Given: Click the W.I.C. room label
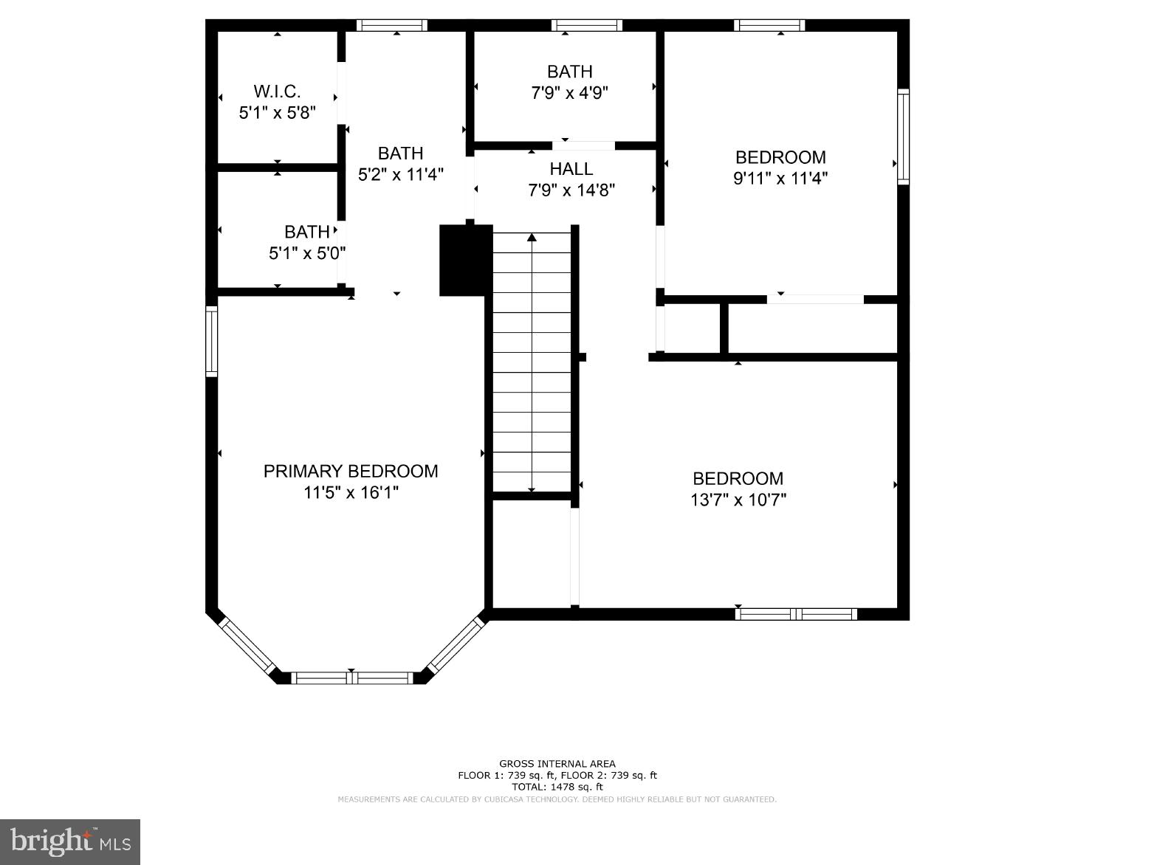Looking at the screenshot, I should (x=277, y=92).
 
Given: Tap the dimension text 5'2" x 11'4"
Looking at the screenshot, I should (x=400, y=175).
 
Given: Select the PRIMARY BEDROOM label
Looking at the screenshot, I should (x=351, y=472).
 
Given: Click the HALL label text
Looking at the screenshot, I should (x=571, y=169).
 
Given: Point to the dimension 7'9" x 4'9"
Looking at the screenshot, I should (x=569, y=93).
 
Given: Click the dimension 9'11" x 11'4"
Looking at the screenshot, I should (x=780, y=178).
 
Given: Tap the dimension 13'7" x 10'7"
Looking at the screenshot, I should (x=738, y=500).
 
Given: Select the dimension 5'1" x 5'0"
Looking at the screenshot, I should (x=306, y=253).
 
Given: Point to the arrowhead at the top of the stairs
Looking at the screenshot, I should (x=532, y=238).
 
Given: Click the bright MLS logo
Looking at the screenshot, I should (x=70, y=841).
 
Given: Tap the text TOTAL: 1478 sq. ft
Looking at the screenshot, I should (x=557, y=787).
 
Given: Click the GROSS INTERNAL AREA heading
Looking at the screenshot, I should (x=557, y=764).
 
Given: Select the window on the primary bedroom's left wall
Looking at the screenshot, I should (x=212, y=341).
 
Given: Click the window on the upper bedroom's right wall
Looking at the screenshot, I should (x=903, y=137).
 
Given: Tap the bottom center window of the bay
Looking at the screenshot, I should (x=351, y=678).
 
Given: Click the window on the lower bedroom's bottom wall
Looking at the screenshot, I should (x=796, y=614).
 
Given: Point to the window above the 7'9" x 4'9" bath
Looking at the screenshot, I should (x=586, y=25).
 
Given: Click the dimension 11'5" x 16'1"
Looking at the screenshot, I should (x=351, y=492).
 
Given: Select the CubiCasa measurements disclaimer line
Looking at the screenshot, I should (x=557, y=799).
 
